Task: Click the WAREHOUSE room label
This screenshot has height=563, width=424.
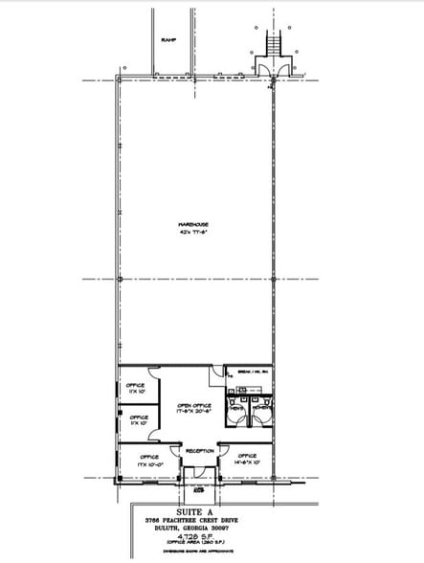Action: click(x=193, y=226)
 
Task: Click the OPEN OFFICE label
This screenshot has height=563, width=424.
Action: click(x=193, y=405)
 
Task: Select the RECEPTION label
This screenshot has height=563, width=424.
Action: click(x=199, y=450)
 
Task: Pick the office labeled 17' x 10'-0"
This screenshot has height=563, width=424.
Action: click(x=149, y=460)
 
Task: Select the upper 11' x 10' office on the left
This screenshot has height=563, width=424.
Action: click(x=138, y=388)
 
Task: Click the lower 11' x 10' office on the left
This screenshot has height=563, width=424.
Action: click(x=138, y=420)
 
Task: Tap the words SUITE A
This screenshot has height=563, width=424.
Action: click(x=194, y=511)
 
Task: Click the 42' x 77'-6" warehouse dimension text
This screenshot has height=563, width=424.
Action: click(x=193, y=233)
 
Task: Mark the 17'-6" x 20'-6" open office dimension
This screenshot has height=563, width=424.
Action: click(x=193, y=412)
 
